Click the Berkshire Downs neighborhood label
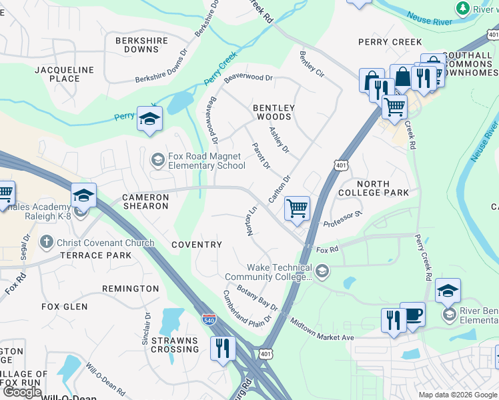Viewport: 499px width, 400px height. click(x=137, y=45)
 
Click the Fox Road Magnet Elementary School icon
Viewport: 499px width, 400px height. click(x=158, y=159)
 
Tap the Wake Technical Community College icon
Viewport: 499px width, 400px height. click(x=323, y=270)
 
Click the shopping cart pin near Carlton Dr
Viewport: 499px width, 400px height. click(x=297, y=208)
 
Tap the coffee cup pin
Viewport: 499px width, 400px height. click(x=412, y=315)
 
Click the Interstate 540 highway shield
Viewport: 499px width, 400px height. click(x=209, y=320)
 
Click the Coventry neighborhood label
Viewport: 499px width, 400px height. click(x=197, y=245)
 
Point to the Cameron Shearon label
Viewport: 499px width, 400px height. click(x=145, y=201)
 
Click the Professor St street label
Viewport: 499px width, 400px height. click(x=342, y=219)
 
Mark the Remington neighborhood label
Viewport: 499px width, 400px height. click(x=130, y=289)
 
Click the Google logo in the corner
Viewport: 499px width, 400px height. click(x=23, y=392)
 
